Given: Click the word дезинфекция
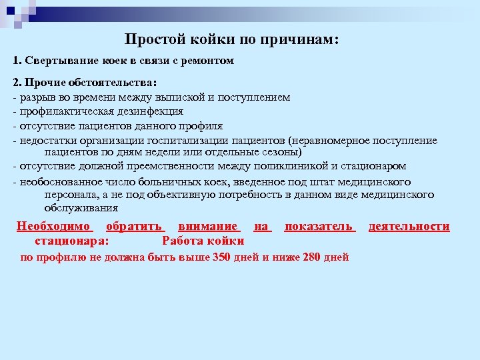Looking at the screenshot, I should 149,111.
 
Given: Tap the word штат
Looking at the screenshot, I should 322,181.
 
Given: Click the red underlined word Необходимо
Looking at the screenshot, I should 54,227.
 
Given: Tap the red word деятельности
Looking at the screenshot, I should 409,227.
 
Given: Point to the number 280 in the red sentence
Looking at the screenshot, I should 311,257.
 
